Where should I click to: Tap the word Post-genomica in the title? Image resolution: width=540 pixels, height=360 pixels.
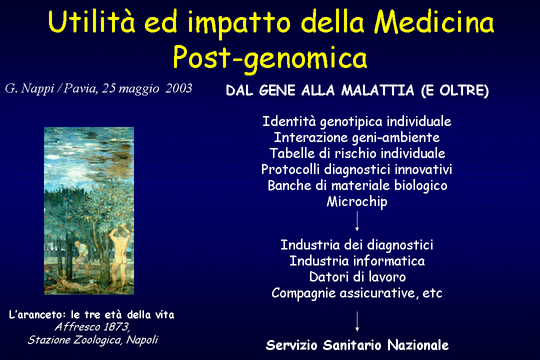(270, 58)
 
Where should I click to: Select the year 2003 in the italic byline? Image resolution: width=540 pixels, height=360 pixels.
(178, 88)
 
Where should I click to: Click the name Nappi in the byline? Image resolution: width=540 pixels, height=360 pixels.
(37, 89)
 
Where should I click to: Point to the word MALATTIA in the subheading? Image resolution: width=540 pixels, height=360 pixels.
(377, 90)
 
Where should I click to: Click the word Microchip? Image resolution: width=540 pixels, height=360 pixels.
(357, 201)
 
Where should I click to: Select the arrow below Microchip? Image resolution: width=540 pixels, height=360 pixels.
(357, 221)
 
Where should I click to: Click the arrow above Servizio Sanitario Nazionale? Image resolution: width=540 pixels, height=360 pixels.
(357, 321)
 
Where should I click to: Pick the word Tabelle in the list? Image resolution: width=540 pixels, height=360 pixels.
(292, 153)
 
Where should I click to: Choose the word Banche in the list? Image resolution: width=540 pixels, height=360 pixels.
(289, 185)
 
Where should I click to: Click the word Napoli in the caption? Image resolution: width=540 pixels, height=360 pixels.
(142, 339)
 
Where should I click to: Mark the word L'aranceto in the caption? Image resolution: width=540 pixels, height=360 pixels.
(37, 314)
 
